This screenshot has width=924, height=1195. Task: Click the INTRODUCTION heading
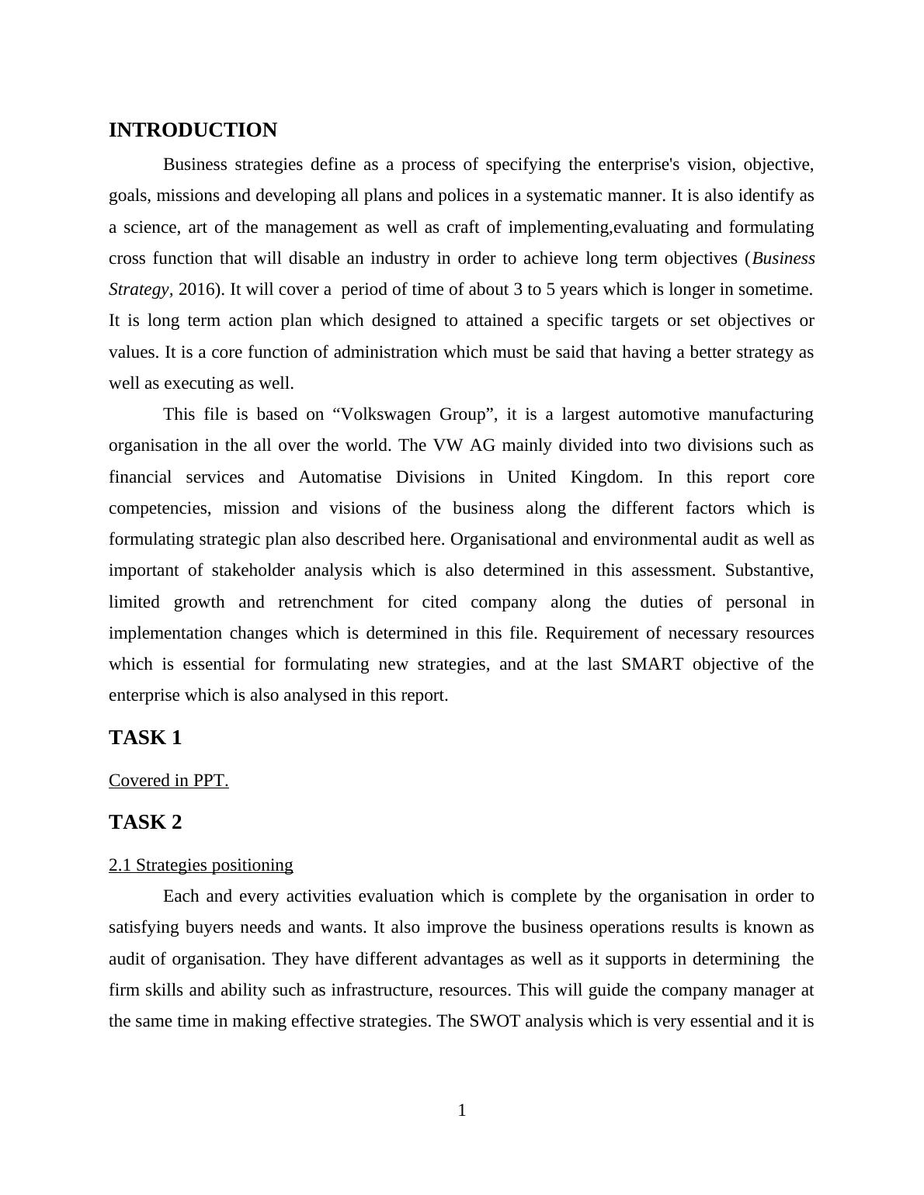(193, 130)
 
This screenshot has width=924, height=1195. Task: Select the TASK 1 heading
(145, 738)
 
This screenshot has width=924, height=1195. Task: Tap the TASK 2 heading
(145, 823)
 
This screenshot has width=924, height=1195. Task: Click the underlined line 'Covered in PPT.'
(168, 781)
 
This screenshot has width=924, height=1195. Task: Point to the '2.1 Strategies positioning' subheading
(200, 865)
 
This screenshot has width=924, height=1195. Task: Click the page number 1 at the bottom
(462, 1110)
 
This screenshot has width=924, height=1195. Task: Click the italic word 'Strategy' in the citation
(138, 289)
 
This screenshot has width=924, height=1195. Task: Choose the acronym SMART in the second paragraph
(652, 664)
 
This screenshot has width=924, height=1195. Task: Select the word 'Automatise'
(340, 477)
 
